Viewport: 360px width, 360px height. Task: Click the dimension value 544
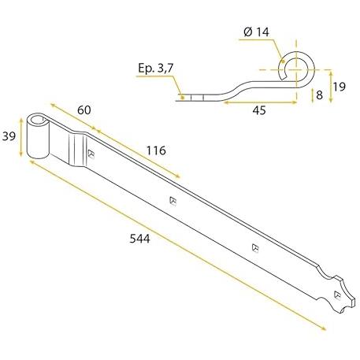pyautogui.click(x=139, y=239)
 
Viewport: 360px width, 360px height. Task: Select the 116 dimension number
pyautogui.click(x=156, y=150)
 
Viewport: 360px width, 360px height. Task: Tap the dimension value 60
pyautogui.click(x=84, y=110)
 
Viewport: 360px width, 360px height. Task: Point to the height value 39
pyautogui.click(x=9, y=136)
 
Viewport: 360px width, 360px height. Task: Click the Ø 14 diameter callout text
pyautogui.click(x=256, y=32)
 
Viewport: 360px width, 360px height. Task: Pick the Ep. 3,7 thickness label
pyautogui.click(x=156, y=69)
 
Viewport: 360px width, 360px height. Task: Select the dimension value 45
pyautogui.click(x=259, y=110)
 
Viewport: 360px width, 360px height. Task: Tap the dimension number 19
pyautogui.click(x=340, y=87)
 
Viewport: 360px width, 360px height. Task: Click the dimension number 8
pyautogui.click(x=319, y=95)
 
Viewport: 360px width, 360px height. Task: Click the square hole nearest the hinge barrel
pyautogui.click(x=91, y=154)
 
